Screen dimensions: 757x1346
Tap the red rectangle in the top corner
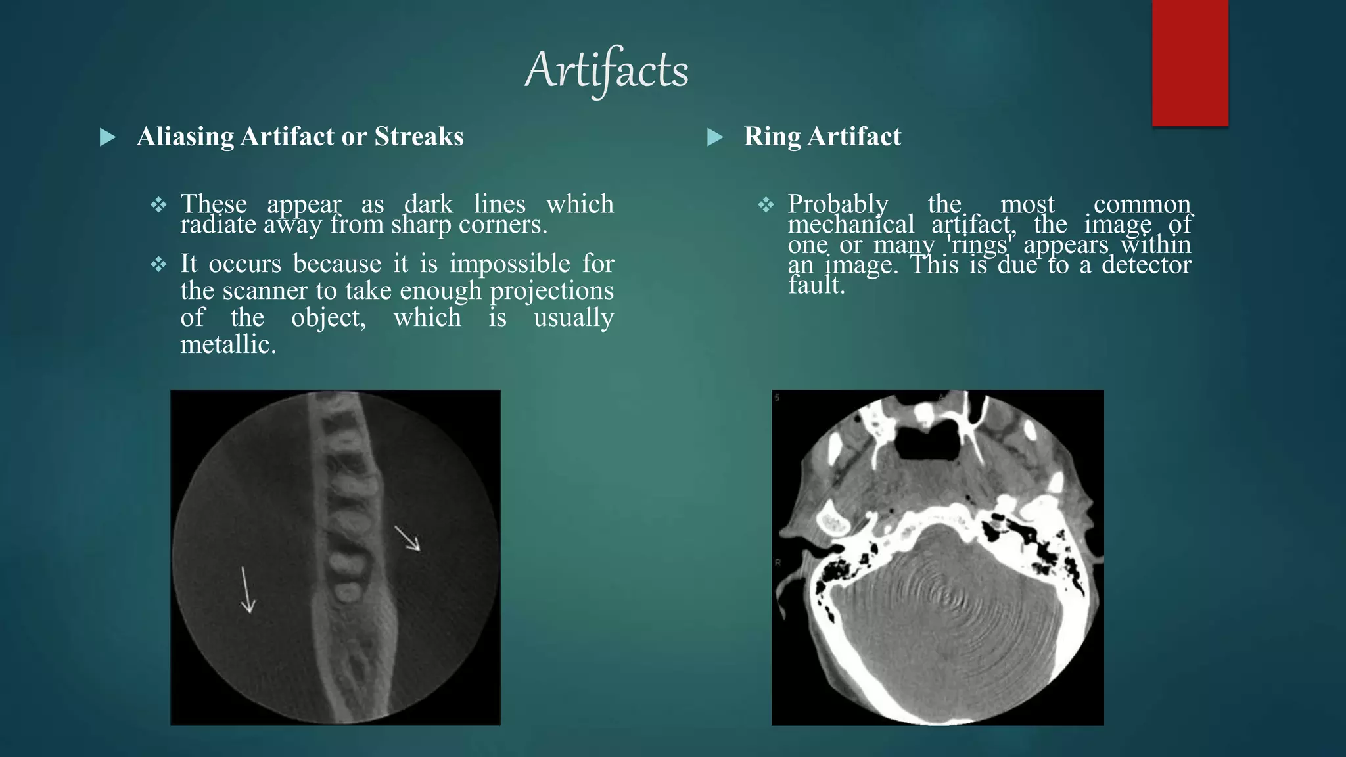[x=1190, y=62]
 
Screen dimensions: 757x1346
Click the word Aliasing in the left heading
[x=185, y=137]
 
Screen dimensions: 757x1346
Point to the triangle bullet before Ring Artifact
[x=715, y=137]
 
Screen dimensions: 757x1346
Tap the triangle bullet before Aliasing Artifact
[x=108, y=137]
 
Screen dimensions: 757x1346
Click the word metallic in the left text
[x=227, y=344]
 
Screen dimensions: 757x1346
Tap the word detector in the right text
[x=1146, y=265]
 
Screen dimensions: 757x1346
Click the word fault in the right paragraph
[x=816, y=285]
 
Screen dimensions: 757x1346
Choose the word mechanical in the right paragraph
[x=851, y=225]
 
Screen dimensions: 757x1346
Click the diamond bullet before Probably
[x=766, y=205]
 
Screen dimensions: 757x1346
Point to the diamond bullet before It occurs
[x=158, y=265]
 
